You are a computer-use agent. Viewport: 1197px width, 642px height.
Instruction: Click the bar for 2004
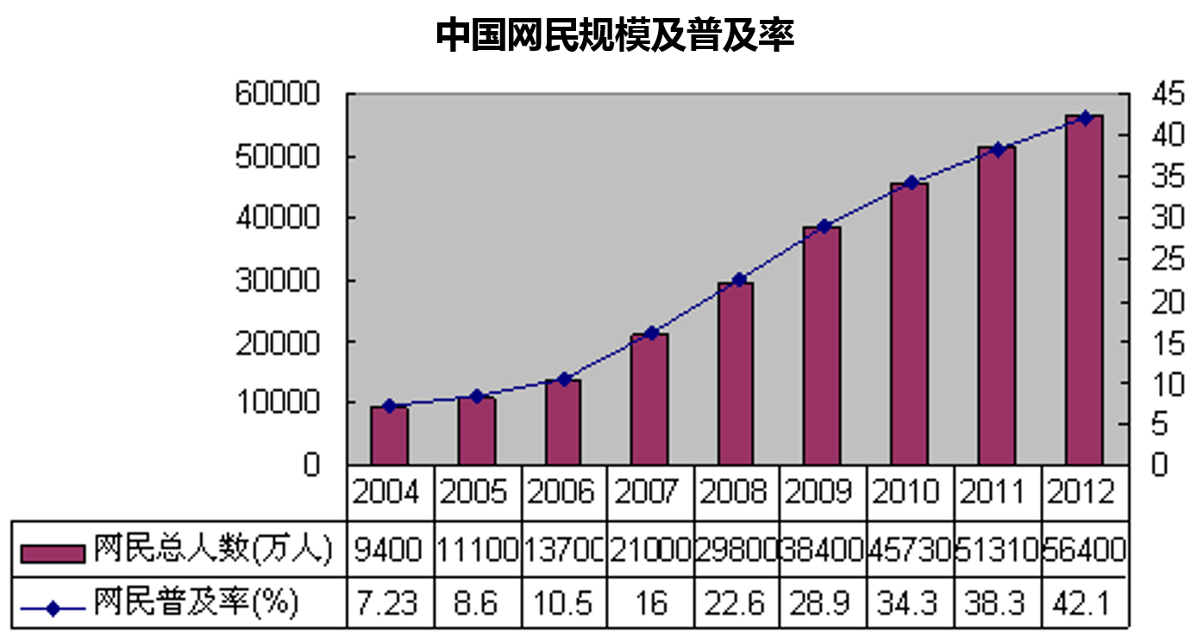pyautogui.click(x=389, y=435)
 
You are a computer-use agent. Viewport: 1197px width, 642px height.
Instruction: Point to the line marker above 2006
pyautogui.click(x=564, y=379)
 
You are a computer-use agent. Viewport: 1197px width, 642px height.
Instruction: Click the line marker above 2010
pyautogui.click(x=910, y=183)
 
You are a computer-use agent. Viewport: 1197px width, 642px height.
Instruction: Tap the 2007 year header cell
pyautogui.click(x=649, y=493)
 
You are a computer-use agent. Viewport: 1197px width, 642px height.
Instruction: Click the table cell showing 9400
pyautogui.click(x=389, y=549)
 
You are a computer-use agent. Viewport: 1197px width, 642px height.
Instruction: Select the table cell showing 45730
pyautogui.click(x=910, y=549)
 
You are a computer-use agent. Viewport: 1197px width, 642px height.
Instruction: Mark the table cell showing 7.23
pyautogui.click(x=389, y=603)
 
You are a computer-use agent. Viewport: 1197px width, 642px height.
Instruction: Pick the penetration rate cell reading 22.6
pyautogui.click(x=736, y=603)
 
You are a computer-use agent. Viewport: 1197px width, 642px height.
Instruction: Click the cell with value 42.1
pyautogui.click(x=1083, y=603)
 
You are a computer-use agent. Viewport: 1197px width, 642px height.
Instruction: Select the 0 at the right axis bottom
pyautogui.click(x=1160, y=465)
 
